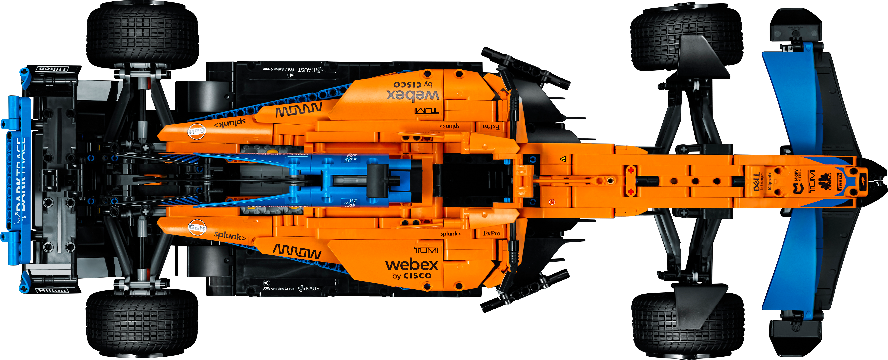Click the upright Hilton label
52,290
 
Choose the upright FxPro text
492,233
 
